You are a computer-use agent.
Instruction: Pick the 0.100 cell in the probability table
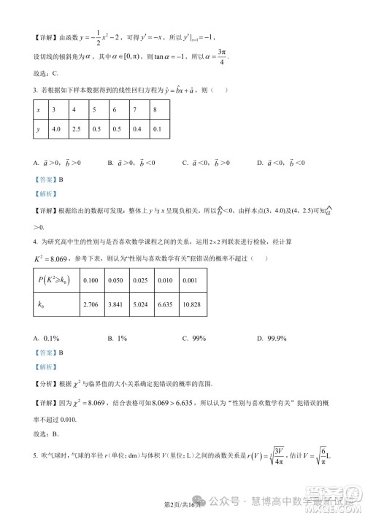(91, 280)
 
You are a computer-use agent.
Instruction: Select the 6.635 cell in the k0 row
(165, 301)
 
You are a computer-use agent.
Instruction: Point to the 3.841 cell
(115, 301)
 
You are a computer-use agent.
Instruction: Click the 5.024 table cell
(140, 301)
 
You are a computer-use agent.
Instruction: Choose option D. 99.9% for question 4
(271, 338)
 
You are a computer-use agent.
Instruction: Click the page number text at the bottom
(181, 504)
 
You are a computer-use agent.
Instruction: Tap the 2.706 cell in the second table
(91, 301)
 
